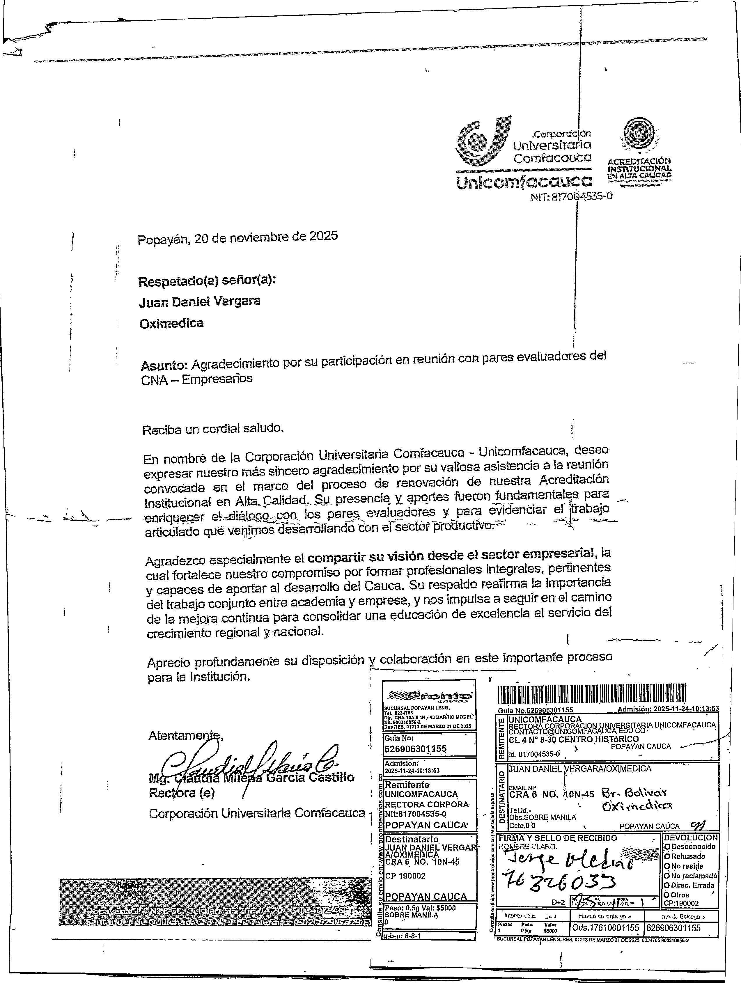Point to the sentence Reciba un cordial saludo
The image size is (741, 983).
pos(212,429)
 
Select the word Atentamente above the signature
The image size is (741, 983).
pos(185,735)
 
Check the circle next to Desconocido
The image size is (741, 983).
pos(667,847)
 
